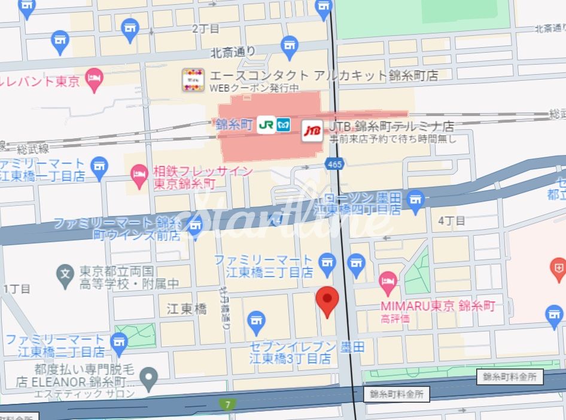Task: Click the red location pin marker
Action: point(327,301)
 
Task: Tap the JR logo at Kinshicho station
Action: point(266,126)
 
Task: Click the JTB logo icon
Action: point(312,130)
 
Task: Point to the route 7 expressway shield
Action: point(227,404)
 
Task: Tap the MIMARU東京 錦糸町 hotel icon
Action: point(388,281)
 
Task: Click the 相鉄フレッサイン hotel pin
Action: point(139,174)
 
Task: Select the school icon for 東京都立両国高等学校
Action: point(65,275)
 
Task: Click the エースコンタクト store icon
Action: point(193,80)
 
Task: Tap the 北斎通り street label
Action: point(233,53)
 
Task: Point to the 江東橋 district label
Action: point(187,309)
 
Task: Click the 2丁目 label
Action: point(206,28)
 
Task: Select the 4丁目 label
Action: point(452,221)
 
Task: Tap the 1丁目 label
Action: point(17,289)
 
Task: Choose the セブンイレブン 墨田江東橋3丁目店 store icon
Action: point(257,321)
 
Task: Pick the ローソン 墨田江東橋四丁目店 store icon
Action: point(415,200)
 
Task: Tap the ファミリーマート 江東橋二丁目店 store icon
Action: point(120,342)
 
